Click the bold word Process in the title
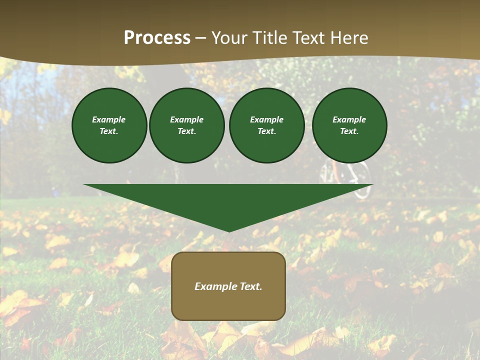(157, 38)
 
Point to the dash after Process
(201, 38)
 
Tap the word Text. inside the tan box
(250, 286)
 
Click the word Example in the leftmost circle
(109, 119)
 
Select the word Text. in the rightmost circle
(349, 131)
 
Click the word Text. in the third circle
(266, 131)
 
